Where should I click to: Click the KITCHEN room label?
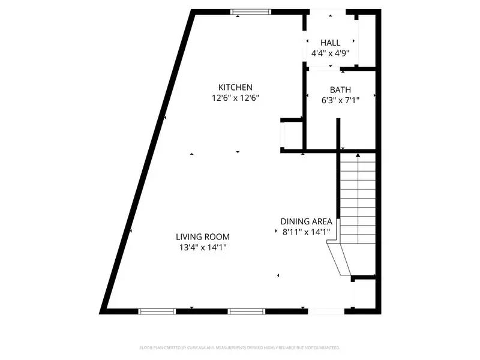[x=235, y=87]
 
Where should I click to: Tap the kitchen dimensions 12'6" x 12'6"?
[x=235, y=97]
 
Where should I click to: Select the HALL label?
[x=330, y=43]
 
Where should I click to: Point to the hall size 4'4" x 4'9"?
[x=330, y=53]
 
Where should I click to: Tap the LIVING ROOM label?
[x=203, y=237]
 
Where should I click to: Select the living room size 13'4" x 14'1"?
[x=203, y=247]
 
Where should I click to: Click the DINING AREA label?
[x=306, y=221]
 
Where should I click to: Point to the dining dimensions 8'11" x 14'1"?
[x=306, y=232]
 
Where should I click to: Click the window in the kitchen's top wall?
[x=251, y=11]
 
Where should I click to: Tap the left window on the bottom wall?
[x=157, y=311]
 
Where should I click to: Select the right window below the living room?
[x=246, y=311]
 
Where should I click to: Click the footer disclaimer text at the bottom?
[x=240, y=347]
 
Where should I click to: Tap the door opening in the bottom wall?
[x=326, y=311]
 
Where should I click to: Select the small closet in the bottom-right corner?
[x=364, y=294]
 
